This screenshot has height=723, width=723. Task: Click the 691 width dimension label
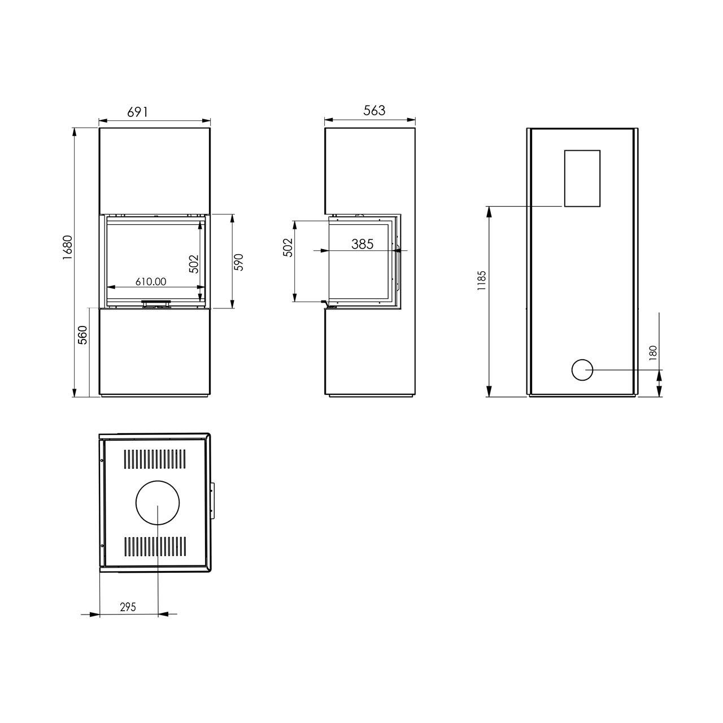138,112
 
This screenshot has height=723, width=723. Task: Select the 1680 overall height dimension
68,248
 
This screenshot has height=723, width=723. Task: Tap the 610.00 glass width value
151,281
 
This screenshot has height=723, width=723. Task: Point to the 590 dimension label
239,262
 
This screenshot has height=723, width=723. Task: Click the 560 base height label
82,335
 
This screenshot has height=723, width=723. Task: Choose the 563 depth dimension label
374,110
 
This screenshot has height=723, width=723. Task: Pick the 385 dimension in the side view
363,244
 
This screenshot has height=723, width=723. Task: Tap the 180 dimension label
653,353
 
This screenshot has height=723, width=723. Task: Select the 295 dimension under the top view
128,607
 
